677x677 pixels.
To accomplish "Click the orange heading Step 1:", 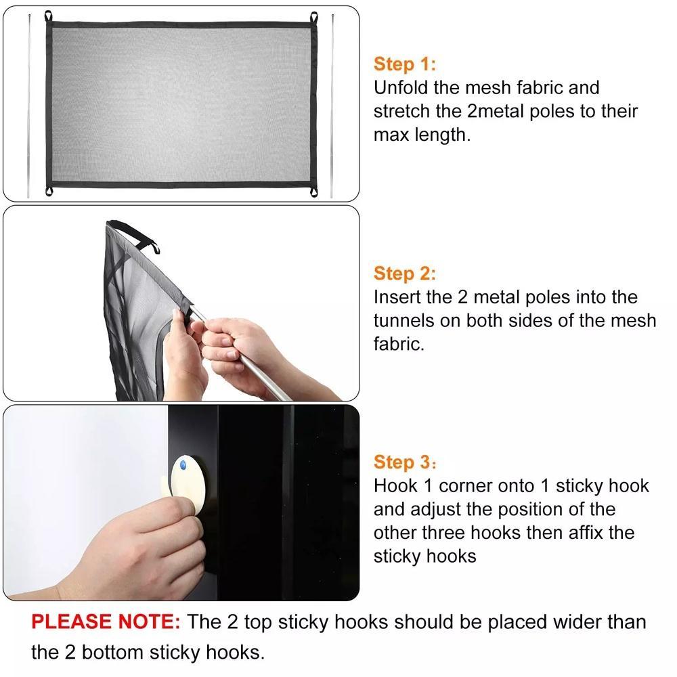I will (x=404, y=64).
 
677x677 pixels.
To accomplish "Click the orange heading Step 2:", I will (x=404, y=274).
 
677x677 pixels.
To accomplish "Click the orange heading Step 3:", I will (x=404, y=462).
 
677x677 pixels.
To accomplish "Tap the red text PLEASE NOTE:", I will (x=106, y=621).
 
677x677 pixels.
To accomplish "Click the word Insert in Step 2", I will (x=397, y=297).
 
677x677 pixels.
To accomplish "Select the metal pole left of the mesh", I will (x=29, y=106).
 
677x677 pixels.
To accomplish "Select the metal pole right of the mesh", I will (x=332, y=106).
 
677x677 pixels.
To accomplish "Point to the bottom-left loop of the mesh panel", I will (x=49, y=192).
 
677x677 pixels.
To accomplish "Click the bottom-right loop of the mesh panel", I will (x=313, y=192).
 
